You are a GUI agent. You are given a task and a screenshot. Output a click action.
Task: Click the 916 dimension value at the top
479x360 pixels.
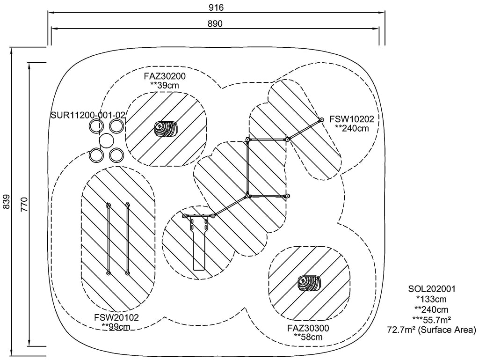click(x=216, y=8)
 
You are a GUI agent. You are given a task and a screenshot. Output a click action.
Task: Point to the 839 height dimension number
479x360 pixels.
click(x=6, y=203)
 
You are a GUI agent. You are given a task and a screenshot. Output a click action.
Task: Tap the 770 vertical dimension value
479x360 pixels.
click(x=25, y=205)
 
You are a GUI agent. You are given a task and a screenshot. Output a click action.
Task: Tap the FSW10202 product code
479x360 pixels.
click(x=351, y=119)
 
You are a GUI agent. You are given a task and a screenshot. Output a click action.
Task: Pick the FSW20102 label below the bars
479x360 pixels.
click(x=116, y=317)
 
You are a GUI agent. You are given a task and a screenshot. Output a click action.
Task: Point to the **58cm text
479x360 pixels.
click(x=308, y=337)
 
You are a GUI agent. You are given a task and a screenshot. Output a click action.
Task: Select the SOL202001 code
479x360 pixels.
click(x=431, y=289)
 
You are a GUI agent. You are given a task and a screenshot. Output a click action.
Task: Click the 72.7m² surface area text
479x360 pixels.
click(x=431, y=330)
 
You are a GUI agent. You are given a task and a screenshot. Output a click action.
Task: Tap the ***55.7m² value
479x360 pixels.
click(x=431, y=320)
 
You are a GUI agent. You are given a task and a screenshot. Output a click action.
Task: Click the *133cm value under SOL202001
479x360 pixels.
click(x=431, y=299)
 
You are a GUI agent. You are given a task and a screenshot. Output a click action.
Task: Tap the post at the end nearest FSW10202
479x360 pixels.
click(x=321, y=120)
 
